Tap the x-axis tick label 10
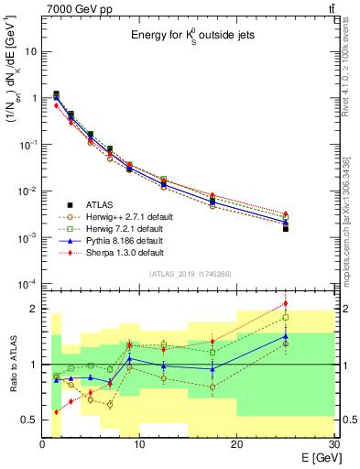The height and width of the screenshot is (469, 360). coord(139,443)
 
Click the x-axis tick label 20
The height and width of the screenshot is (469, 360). coord(237,443)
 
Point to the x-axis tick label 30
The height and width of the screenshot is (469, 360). coord(333,443)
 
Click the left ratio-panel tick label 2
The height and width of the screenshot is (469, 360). coord(34,310)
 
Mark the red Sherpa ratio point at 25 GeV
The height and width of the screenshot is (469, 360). coord(286,303)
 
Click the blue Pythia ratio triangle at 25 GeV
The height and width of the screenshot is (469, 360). coord(286,335)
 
